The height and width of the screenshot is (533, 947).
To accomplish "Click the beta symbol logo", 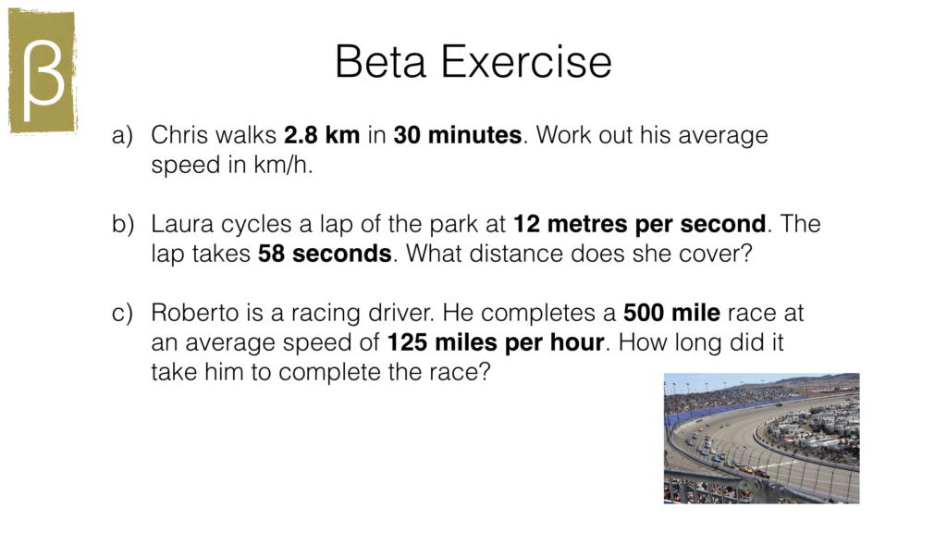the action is pyautogui.click(x=43, y=71).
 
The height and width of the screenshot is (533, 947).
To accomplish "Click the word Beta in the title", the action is pyautogui.click(x=380, y=62).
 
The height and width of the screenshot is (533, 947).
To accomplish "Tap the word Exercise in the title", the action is pyautogui.click(x=526, y=62).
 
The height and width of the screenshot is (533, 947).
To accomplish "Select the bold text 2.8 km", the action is pyautogui.click(x=322, y=135).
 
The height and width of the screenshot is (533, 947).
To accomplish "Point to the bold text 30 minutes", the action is pyautogui.click(x=458, y=135).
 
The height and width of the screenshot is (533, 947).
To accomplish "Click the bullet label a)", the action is pyautogui.click(x=123, y=135).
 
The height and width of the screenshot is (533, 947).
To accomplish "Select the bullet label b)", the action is pyautogui.click(x=123, y=224).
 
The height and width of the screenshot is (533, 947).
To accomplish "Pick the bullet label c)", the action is pyautogui.click(x=123, y=313).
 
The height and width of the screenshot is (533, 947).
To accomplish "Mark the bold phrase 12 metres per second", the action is pyautogui.click(x=640, y=224).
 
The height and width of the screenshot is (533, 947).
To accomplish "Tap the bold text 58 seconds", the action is pyautogui.click(x=325, y=254).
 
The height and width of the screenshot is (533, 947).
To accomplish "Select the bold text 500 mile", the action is pyautogui.click(x=671, y=313).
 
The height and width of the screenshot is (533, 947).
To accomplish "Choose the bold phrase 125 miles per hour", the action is pyautogui.click(x=496, y=342).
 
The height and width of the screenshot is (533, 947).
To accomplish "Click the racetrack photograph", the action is pyautogui.click(x=762, y=438).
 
